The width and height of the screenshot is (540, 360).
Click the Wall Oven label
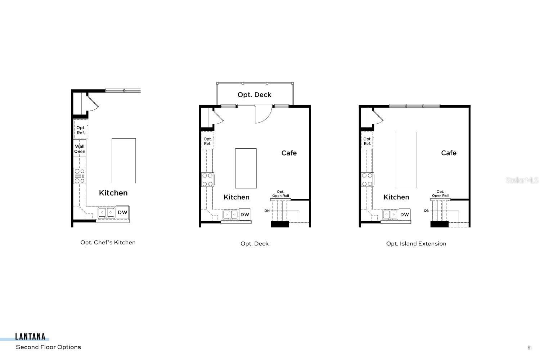pyautogui.click(x=80, y=149)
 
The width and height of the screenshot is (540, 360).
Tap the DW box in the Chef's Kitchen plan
pyautogui.click(x=122, y=212)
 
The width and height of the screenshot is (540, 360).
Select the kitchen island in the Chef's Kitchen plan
pyautogui.click(x=123, y=161)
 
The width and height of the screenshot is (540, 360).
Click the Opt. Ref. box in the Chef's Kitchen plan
pyautogui.click(x=81, y=130)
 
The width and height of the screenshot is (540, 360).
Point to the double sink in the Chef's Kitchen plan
pyautogui.click(x=107, y=212)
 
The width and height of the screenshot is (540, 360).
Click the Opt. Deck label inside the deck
pyautogui.click(x=254, y=95)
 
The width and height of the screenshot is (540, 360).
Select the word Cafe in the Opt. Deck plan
pyautogui.click(x=289, y=153)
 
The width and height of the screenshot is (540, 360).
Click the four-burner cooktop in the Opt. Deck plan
pyautogui.click(x=207, y=179)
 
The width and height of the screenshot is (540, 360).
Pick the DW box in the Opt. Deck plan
pyautogui.click(x=245, y=215)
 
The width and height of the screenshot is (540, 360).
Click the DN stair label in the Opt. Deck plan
pyautogui.click(x=267, y=211)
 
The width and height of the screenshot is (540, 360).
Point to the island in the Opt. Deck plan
pyautogui.click(x=246, y=168)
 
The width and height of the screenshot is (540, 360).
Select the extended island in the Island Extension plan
pyautogui.click(x=405, y=160)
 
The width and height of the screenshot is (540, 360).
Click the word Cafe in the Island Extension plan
pyautogui.click(x=449, y=153)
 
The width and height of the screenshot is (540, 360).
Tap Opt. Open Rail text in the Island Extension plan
pyautogui.click(x=440, y=194)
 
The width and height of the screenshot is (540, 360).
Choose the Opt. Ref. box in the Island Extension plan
pyautogui.click(x=367, y=141)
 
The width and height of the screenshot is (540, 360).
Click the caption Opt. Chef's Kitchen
pyautogui.click(x=108, y=243)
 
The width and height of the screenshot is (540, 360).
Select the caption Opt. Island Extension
pyautogui.click(x=416, y=244)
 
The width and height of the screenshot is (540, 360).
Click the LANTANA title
pyautogui.click(x=30, y=337)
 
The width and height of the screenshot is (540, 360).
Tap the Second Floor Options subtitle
pyautogui.click(x=48, y=347)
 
